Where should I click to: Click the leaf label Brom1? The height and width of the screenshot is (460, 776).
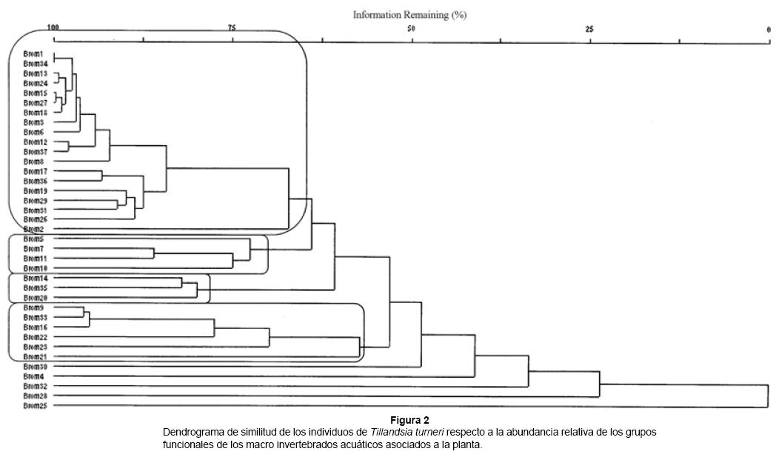tap(34, 54)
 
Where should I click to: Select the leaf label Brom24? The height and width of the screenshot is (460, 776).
tap(36, 83)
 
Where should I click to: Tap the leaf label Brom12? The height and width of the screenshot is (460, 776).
tap(36, 141)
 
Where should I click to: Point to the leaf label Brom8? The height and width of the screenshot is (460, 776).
tap(34, 161)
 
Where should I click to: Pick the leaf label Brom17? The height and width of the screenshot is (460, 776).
tap(36, 171)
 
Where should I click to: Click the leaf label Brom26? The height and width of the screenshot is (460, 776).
tap(36, 219)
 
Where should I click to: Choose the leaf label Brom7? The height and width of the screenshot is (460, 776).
tap(34, 249)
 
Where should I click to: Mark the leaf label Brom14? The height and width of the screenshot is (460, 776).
tap(36, 278)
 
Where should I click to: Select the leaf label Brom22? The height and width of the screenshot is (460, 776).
tap(36, 337)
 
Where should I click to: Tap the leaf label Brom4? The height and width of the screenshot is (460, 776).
tap(34, 376)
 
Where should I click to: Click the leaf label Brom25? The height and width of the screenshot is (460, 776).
tap(36, 406)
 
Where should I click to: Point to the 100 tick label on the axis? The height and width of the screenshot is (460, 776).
tap(53, 28)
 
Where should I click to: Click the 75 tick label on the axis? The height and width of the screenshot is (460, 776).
tap(232, 28)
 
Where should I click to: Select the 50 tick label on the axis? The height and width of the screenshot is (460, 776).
tap(411, 28)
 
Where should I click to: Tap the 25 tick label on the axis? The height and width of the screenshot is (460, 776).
tap(589, 28)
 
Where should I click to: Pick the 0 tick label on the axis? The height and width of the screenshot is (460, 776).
tap(769, 28)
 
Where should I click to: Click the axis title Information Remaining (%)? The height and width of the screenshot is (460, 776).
tap(409, 15)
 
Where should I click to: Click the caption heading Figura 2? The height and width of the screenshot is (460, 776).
tap(410, 420)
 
